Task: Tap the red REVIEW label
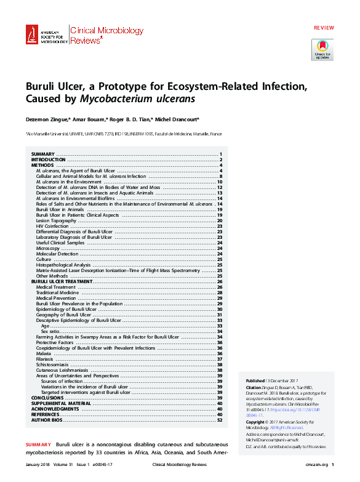click(x=324, y=29)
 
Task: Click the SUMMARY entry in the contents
click(x=43, y=154)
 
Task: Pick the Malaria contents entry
click(x=44, y=354)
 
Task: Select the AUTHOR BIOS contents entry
click(x=47, y=420)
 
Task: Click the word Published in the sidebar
click(x=256, y=382)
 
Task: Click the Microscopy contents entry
click(x=48, y=248)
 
